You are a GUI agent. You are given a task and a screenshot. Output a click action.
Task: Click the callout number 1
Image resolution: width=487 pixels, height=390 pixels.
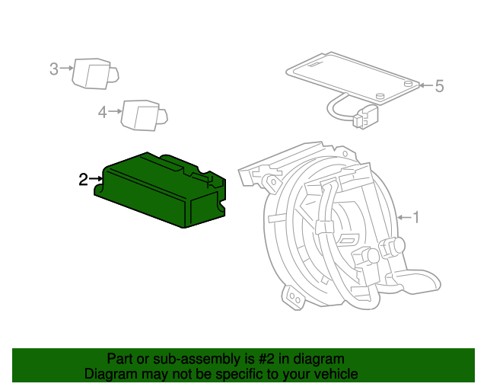(415, 218)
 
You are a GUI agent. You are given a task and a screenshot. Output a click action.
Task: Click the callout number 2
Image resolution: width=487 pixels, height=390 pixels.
(83, 180)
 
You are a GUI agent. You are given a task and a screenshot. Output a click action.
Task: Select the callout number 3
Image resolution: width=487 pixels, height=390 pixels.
(54, 69)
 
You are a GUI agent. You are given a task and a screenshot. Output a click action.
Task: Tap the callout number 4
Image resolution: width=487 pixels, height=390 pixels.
(103, 113)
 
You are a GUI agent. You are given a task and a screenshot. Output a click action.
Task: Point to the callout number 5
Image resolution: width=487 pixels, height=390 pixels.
(438, 86)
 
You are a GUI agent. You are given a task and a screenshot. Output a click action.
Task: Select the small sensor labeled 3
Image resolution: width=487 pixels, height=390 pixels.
(94, 74)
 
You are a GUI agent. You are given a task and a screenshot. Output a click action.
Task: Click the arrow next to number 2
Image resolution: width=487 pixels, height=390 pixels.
(96, 180)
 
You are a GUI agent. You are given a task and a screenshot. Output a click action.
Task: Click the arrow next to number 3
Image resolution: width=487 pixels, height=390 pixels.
(66, 69)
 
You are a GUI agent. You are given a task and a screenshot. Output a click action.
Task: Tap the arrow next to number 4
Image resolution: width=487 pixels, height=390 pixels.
(115, 113)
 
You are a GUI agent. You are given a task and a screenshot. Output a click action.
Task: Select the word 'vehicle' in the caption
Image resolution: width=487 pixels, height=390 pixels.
(336, 374)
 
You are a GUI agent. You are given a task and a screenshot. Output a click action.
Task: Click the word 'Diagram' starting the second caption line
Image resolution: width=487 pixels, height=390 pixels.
(109, 374)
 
